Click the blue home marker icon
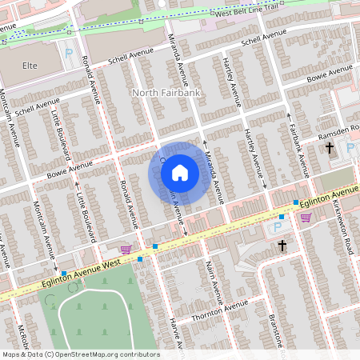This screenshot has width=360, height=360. tap(180, 173)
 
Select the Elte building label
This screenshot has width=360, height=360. tap(30, 65)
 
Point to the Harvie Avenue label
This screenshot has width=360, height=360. tap(178, 336)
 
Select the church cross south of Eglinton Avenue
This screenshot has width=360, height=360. tap(281, 246)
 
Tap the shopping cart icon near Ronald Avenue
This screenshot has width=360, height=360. tap(125, 250)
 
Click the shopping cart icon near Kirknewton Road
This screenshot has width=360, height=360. tap(305, 217)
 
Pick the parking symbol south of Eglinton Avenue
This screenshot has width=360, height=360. tap(281, 216)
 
